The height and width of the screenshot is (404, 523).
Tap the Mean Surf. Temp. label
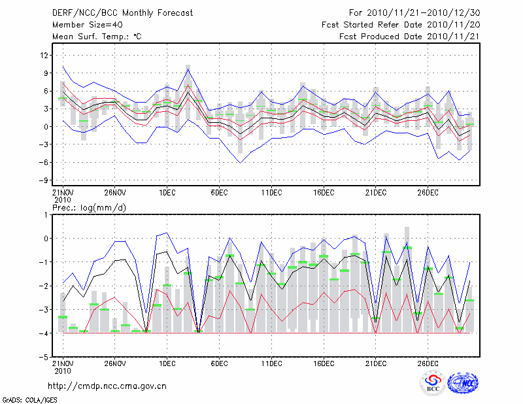(x=97, y=37)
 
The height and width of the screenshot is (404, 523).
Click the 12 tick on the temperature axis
(x=45, y=55)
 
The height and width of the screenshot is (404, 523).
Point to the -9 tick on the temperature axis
(x=45, y=180)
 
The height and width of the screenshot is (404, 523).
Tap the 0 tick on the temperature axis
(x=47, y=127)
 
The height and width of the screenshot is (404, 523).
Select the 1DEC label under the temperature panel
(x=167, y=192)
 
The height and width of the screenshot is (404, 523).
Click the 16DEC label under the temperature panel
(x=324, y=192)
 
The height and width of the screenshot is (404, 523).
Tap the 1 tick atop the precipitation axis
(x=47, y=214)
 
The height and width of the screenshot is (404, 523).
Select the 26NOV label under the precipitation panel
(x=114, y=363)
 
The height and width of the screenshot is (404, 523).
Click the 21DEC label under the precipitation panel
(x=376, y=363)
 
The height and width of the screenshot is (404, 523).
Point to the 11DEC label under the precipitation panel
(x=271, y=363)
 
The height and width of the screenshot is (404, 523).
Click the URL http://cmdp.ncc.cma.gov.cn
(x=108, y=386)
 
